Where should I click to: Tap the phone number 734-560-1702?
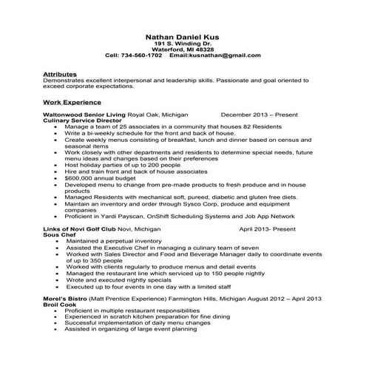coord(144,55)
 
